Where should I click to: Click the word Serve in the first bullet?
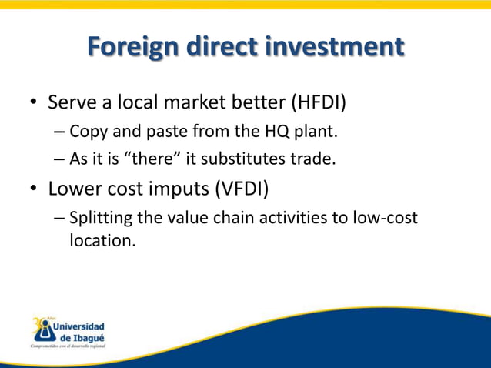[70, 102]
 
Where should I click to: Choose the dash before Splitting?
[59, 219]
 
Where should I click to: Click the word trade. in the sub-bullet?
[319, 160]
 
